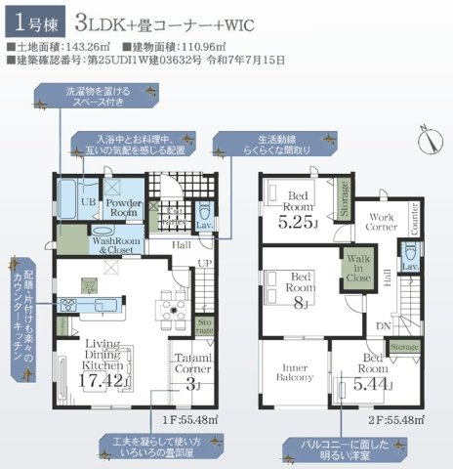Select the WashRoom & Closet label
[x=114, y=244]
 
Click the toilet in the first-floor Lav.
[x=203, y=212]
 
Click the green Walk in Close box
[x=356, y=267]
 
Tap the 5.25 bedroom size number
[x=297, y=221]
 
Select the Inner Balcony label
[x=293, y=375]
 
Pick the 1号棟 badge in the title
[x=27, y=22]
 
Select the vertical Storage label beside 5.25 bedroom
[x=344, y=200]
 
